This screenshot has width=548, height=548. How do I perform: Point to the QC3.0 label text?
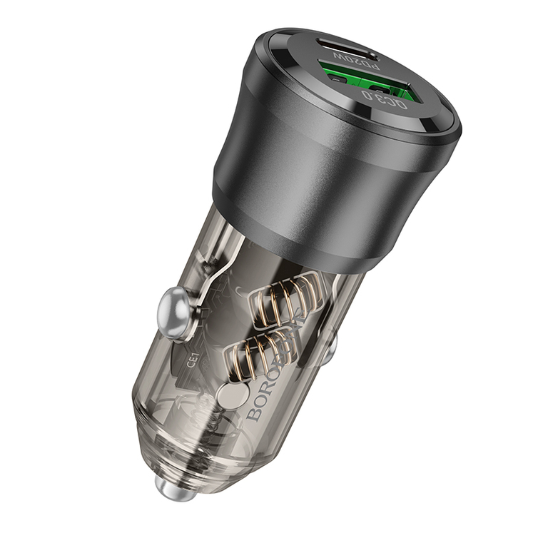click(385, 99)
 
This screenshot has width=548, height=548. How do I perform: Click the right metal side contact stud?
click(329, 347)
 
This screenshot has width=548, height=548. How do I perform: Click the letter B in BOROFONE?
click(255, 413)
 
